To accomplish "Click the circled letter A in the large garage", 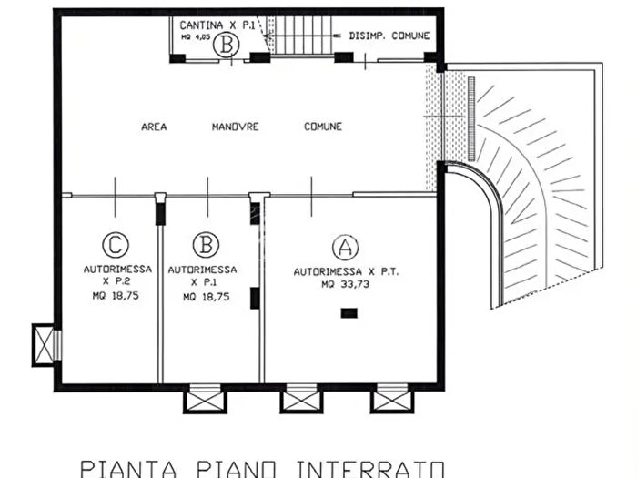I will [x=343, y=246].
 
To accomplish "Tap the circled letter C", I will [x=114, y=244].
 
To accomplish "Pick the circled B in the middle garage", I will [x=207, y=244].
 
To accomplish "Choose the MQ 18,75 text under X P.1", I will [x=206, y=297].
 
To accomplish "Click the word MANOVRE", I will [x=236, y=127].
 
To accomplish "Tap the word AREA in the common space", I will [x=154, y=127].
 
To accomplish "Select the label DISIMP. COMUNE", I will [x=389, y=36].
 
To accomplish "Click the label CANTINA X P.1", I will [x=217, y=25].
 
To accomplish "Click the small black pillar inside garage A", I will [x=348, y=313].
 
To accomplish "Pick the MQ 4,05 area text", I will [x=195, y=39].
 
